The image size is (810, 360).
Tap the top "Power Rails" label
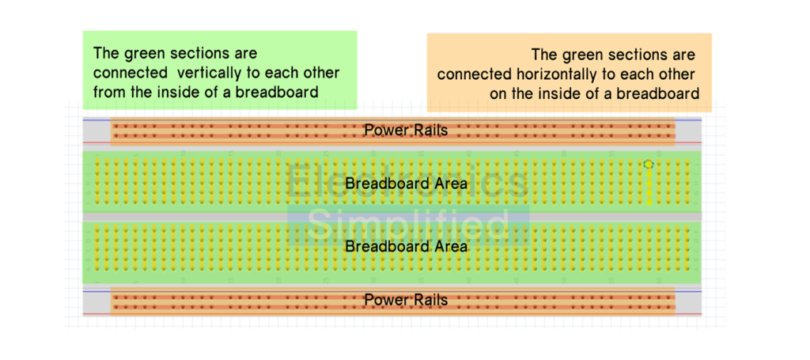tap(406, 131)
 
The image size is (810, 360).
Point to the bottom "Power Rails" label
tap(406, 300)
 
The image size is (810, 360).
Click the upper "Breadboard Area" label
tap(406, 184)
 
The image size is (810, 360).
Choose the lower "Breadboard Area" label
tap(406, 246)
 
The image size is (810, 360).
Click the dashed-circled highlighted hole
tap(649, 165)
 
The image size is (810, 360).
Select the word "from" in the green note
tap(108, 93)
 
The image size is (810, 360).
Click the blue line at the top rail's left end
tap(97, 120)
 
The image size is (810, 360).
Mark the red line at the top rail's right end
tap(689, 142)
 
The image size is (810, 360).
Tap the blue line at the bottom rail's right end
tap(689, 292)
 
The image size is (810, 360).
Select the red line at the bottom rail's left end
tap(97, 314)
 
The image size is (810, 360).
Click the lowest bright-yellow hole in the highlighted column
tap(649, 202)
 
